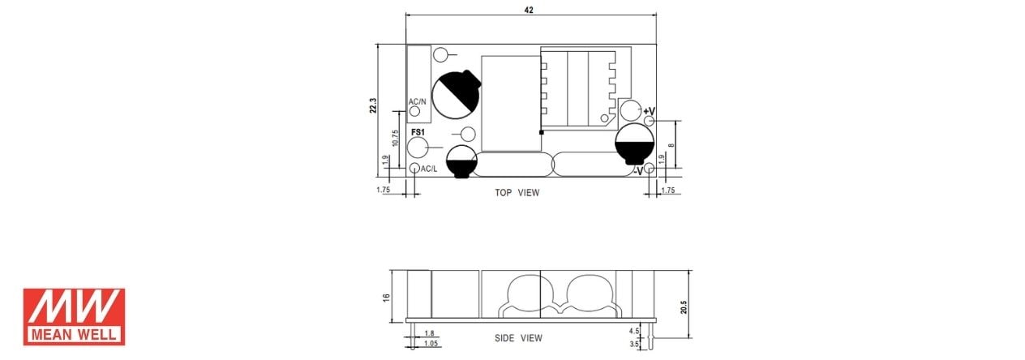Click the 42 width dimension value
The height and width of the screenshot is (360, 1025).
click(529, 10)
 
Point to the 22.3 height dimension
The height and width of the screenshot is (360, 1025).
click(373, 105)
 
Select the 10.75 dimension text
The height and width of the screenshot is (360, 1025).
click(397, 138)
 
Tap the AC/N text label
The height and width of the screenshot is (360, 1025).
click(418, 101)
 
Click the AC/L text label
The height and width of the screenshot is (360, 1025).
click(429, 169)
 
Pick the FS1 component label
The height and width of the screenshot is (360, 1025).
click(418, 132)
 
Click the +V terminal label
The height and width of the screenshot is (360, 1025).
click(650, 111)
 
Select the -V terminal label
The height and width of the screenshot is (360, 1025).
click(638, 170)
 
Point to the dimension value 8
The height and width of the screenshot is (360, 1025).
click(671, 145)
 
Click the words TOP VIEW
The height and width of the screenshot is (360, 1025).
click(517, 193)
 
